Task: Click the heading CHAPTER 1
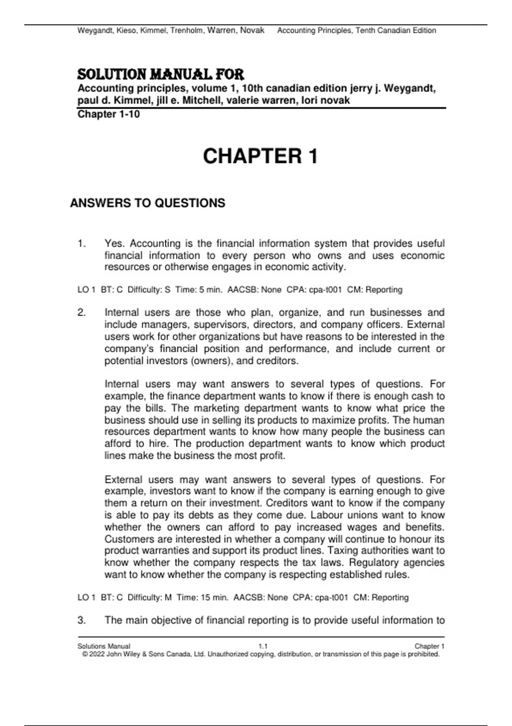tap(260, 156)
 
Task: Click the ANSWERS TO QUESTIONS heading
tap(148, 203)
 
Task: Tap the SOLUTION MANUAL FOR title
tap(160, 75)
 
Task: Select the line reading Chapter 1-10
tap(108, 114)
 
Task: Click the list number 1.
tap(81, 244)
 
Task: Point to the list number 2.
tap(81, 313)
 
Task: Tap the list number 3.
tap(81, 621)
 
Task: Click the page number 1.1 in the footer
tap(263, 646)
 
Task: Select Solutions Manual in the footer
tap(104, 646)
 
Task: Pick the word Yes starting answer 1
tap(114, 244)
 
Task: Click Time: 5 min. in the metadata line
tap(199, 290)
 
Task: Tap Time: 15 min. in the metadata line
tap(202, 597)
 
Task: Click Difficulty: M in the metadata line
tap(149, 597)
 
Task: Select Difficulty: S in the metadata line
tap(149, 290)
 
